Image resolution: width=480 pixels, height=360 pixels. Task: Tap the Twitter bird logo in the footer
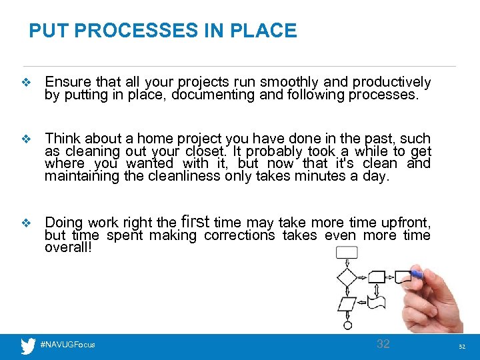click(x=27, y=345)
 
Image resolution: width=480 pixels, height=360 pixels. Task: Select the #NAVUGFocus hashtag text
click(x=67, y=345)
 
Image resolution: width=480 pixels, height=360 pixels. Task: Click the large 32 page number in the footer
click(x=383, y=344)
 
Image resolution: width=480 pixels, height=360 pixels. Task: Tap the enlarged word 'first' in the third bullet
click(x=195, y=221)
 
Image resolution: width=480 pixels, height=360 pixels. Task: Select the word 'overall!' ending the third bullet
click(x=67, y=247)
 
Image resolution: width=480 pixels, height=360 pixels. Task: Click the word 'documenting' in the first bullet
click(x=213, y=95)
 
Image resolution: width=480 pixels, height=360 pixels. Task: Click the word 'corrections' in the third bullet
click(x=239, y=235)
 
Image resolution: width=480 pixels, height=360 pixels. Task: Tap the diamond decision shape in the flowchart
click(x=347, y=277)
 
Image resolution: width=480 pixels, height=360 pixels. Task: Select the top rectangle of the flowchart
click(x=347, y=253)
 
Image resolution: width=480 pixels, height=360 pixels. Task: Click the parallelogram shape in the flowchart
click(x=347, y=304)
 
